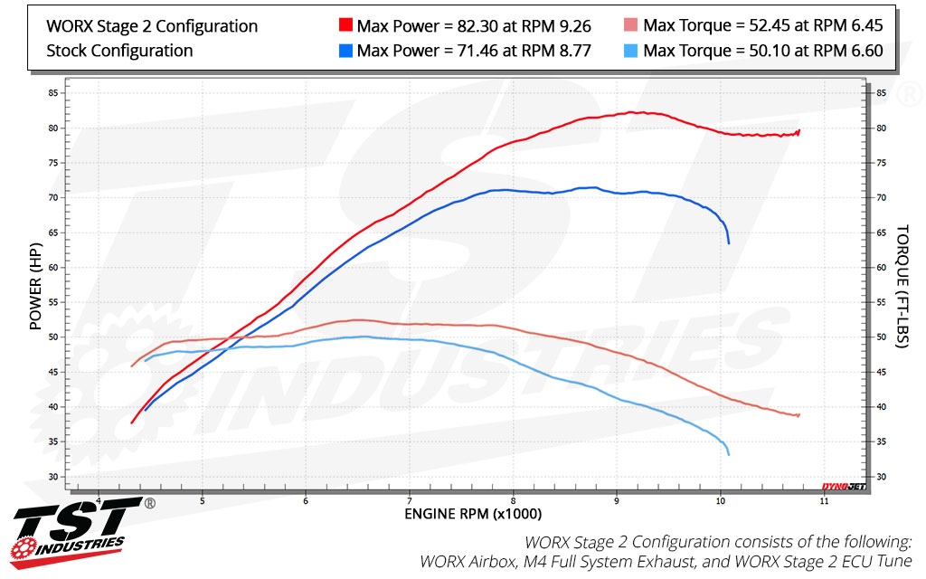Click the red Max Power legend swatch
click(345, 26)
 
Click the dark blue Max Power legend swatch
click(345, 51)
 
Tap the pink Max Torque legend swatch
click(631, 26)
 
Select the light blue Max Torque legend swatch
click(631, 51)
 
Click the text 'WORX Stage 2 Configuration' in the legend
click(152, 26)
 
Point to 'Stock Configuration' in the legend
click(119, 51)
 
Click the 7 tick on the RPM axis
click(410, 499)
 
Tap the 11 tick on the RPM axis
click(824, 499)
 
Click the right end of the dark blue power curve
click(729, 242)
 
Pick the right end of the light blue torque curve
click(729, 454)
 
